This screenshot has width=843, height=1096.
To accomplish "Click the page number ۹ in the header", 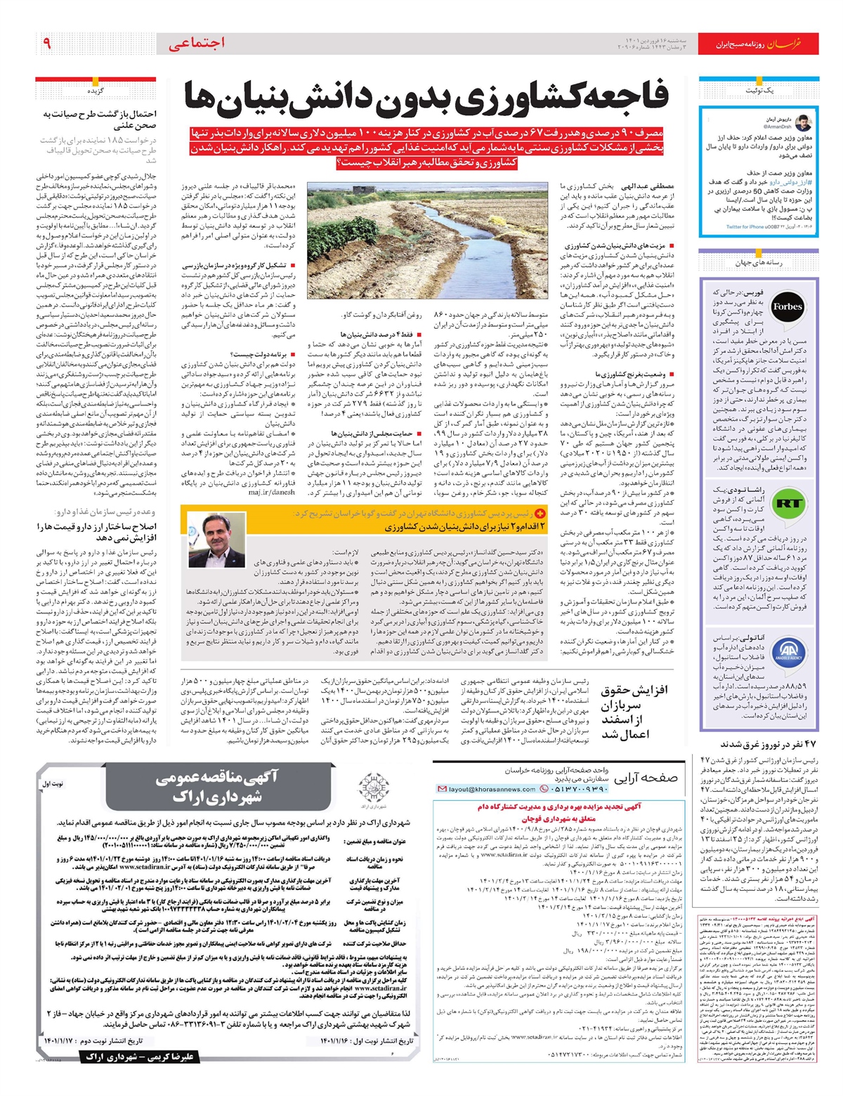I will coord(46,44).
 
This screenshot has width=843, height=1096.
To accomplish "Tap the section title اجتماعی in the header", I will coord(197,44).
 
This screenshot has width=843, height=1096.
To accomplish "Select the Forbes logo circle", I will coord(787,306).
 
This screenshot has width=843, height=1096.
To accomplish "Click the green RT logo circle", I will coord(788,503).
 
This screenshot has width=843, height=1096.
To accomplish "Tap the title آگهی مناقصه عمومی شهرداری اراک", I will coord(217,785).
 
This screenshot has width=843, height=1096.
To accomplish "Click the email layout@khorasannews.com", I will coord(490,789).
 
